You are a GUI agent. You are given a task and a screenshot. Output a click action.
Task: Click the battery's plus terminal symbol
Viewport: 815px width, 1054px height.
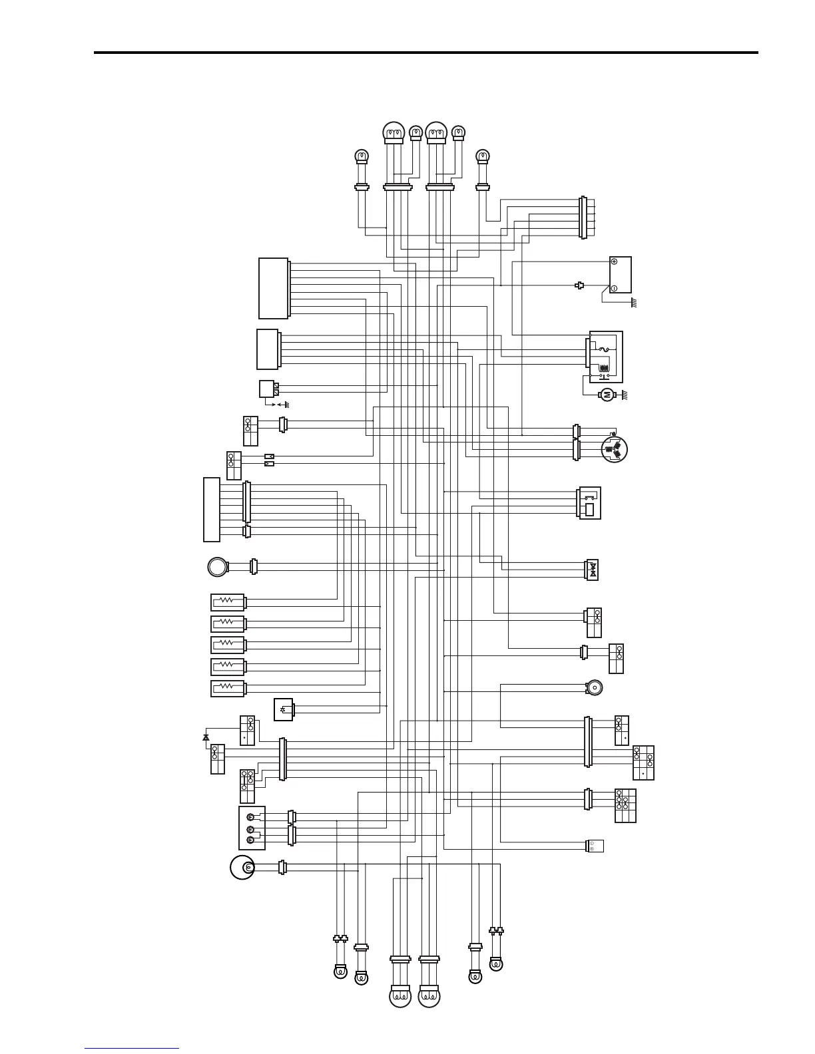[x=614, y=262]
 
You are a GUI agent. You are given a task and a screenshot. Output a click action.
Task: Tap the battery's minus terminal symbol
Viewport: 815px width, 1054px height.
[x=614, y=288]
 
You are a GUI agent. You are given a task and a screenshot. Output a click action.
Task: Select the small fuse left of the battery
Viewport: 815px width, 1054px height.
[x=580, y=285]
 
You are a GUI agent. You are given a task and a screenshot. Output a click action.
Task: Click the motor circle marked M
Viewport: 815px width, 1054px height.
[x=607, y=395]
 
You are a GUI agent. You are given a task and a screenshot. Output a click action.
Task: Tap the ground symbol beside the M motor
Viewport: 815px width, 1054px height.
[x=626, y=395]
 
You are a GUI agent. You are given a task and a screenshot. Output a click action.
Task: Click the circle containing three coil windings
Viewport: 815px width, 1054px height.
[x=615, y=449]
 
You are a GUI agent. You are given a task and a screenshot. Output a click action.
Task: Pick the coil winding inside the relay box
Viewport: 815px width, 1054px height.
[x=605, y=367]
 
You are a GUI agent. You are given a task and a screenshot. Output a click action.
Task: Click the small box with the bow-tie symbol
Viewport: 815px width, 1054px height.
[x=592, y=570]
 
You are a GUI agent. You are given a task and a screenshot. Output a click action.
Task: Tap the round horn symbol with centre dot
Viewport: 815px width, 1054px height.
[x=594, y=687]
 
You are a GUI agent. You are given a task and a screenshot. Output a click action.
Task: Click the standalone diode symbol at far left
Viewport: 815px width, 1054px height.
[x=206, y=737]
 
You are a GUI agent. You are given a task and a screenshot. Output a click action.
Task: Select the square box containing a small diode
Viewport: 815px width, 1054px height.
[x=284, y=709]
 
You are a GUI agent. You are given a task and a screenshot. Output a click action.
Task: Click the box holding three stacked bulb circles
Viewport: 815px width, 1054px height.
[x=252, y=828]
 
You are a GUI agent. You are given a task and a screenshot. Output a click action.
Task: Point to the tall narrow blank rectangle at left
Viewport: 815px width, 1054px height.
[x=212, y=509]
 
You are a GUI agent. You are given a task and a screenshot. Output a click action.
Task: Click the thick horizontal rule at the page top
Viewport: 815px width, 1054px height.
[x=426, y=53]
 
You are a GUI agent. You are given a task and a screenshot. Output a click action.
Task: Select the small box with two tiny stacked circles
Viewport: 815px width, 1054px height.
[x=595, y=846]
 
